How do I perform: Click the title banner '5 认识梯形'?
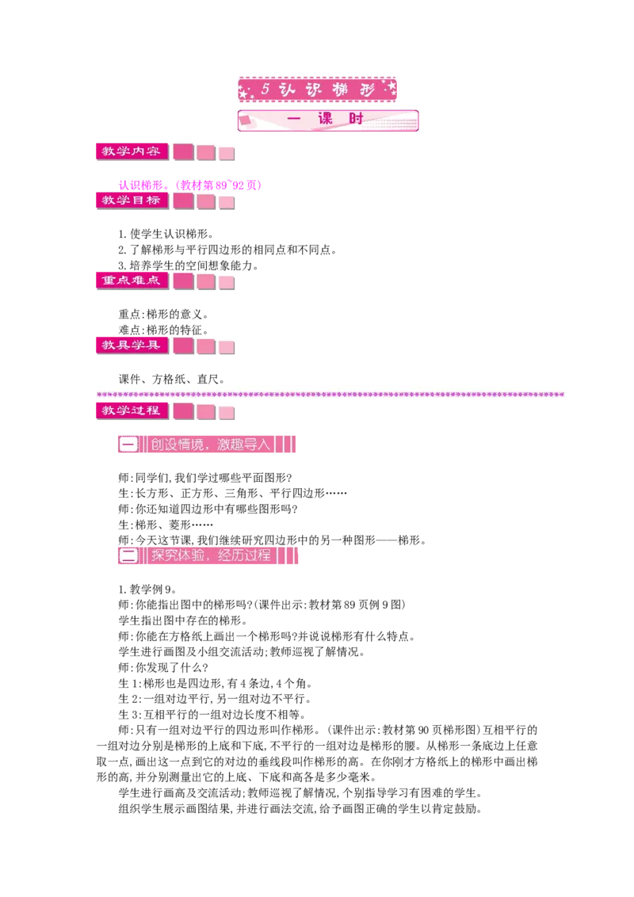[x=317, y=90]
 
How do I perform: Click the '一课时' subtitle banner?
[x=328, y=120]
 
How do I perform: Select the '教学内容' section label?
[x=132, y=151]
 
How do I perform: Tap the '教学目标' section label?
[x=132, y=200]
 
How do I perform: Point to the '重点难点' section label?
[x=132, y=281]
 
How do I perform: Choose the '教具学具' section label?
[x=132, y=345]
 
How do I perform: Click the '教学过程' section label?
[x=132, y=410]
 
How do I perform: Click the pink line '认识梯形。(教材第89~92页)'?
[x=190, y=185]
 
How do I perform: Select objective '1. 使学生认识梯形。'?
[x=166, y=234]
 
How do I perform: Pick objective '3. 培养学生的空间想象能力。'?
[x=189, y=265]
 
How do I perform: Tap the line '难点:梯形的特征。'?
[x=163, y=330]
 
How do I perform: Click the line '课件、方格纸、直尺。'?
[x=172, y=379]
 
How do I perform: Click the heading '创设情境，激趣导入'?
[x=210, y=444]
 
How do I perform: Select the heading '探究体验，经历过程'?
[x=211, y=555]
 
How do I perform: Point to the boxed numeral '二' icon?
[x=128, y=555]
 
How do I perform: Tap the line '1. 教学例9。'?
[x=147, y=590]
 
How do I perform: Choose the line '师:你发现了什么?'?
[x=163, y=668]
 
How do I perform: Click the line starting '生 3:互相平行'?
[x=212, y=715]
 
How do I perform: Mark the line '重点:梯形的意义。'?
[x=163, y=314]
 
